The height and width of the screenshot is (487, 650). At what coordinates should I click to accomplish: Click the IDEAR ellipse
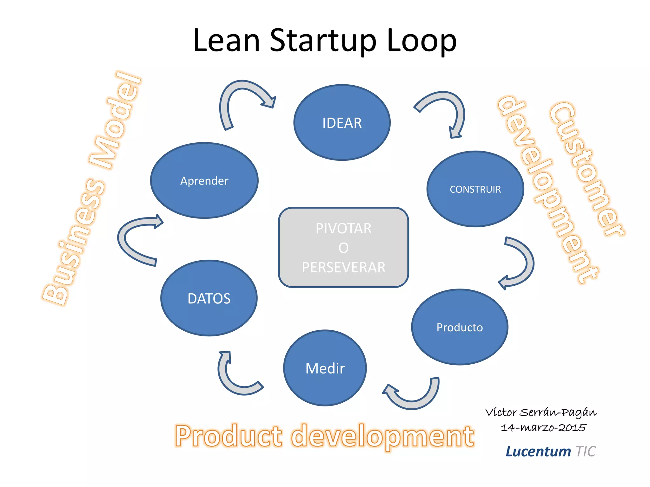[x=342, y=122]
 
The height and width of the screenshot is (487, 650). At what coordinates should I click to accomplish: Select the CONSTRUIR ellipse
[x=475, y=189]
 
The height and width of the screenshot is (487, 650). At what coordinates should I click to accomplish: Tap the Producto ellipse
[x=460, y=327]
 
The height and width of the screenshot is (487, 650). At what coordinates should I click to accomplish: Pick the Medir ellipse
[x=325, y=368]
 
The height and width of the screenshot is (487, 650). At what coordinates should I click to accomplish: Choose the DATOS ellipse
[x=209, y=298]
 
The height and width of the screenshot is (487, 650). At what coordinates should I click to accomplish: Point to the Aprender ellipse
[x=204, y=180]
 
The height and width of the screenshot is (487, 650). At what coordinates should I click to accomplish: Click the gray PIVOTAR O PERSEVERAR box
[x=343, y=247]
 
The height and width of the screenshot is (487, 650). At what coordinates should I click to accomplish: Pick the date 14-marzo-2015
[x=543, y=428]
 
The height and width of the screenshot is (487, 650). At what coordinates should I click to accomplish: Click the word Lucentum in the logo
[x=538, y=451]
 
